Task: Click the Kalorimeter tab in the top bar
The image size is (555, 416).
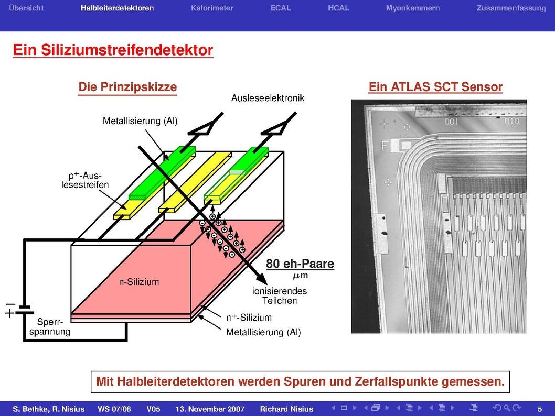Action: (212, 8)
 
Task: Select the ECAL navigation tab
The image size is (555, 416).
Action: (281, 8)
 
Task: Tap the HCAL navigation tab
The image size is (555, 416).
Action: (338, 8)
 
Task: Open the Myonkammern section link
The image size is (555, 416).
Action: (413, 8)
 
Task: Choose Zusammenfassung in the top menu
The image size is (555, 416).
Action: (511, 8)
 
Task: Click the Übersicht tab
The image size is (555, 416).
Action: (26, 8)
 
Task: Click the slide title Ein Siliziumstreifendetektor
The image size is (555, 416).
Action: (113, 50)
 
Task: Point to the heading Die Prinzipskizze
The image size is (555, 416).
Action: (127, 87)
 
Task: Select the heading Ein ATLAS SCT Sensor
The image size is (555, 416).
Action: (435, 87)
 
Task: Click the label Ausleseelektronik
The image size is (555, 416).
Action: (268, 98)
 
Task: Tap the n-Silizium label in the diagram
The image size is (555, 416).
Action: (138, 282)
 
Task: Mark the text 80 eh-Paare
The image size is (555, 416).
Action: (300, 264)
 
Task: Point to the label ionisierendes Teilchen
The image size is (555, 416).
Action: (279, 296)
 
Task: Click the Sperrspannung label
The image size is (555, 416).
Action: (49, 326)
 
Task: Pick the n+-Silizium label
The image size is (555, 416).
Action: (249, 317)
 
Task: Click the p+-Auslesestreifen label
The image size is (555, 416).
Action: (85, 180)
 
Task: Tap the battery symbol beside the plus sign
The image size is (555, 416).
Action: (25, 310)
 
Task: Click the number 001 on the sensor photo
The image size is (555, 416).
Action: (451, 122)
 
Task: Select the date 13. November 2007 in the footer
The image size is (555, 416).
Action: (210, 409)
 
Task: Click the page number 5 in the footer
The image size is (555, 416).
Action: (540, 409)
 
